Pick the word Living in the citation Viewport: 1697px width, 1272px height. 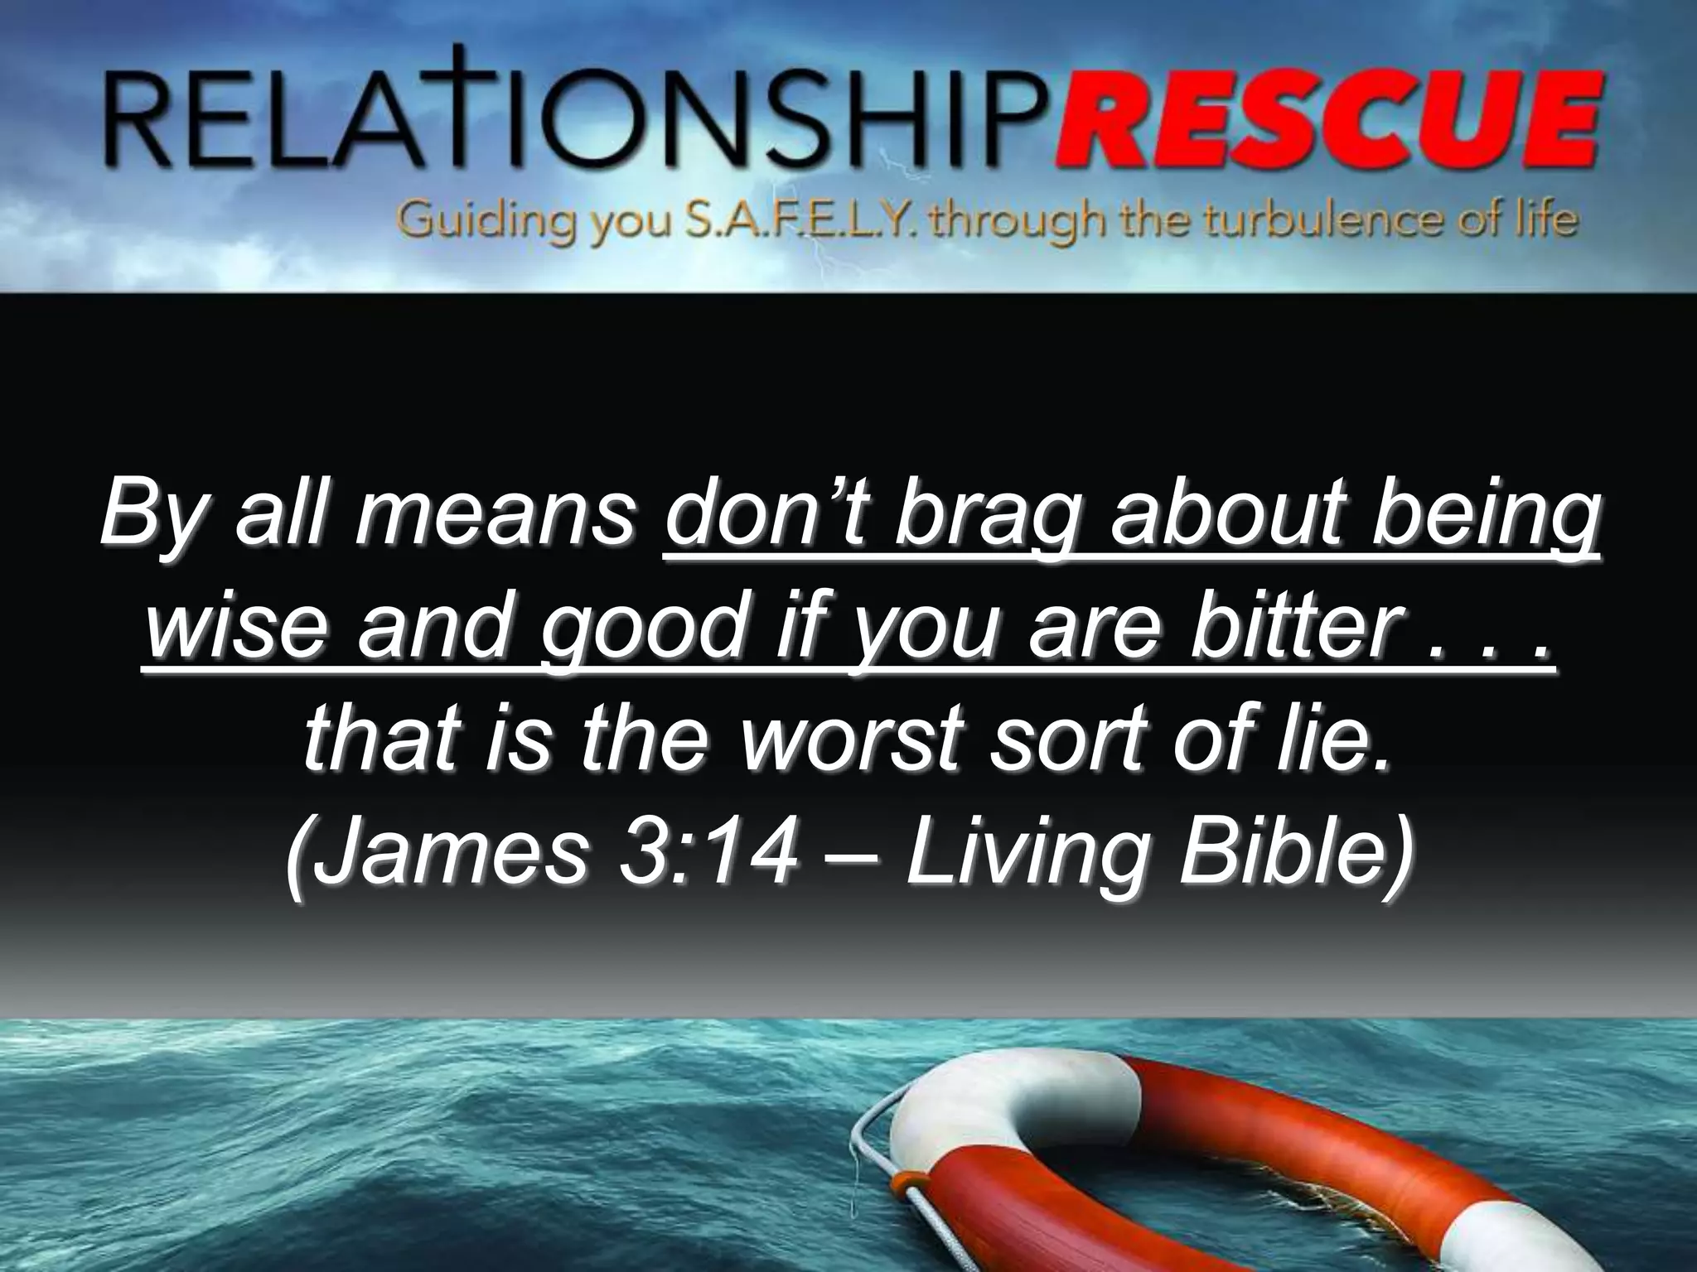click(1019, 852)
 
